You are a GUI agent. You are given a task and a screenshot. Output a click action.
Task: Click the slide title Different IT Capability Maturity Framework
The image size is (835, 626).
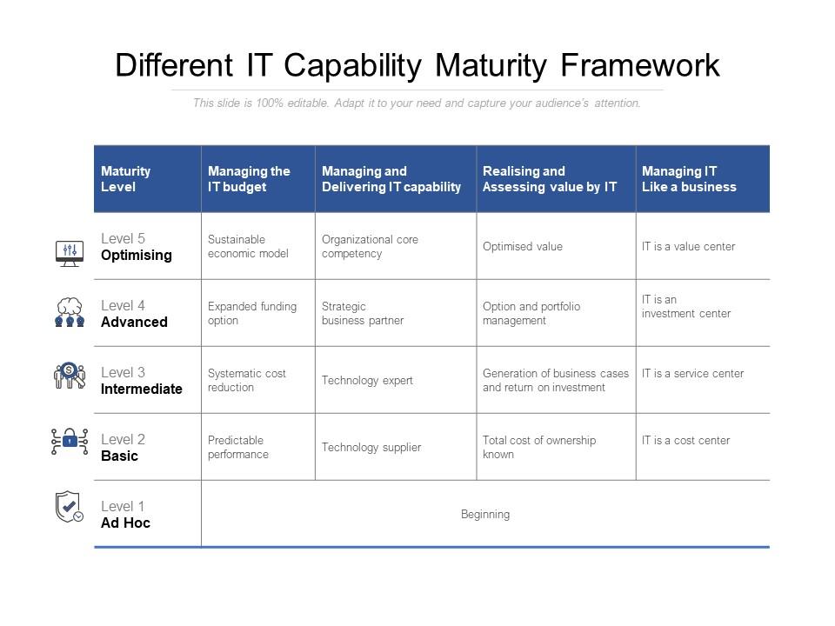[417, 66]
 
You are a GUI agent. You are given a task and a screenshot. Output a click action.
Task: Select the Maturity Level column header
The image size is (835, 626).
[126, 179]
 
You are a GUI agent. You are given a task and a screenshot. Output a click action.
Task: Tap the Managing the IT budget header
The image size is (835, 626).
[249, 179]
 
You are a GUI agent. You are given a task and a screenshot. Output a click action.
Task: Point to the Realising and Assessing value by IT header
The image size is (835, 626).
[550, 179]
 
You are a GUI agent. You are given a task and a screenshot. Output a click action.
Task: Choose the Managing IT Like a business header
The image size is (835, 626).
[689, 179]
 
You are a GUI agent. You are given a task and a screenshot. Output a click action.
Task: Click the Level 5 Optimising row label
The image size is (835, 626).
[136, 247]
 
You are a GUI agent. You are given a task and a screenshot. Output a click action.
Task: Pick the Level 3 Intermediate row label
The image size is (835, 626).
[141, 381]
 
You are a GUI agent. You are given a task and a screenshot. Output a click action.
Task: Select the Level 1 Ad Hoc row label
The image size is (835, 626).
[125, 515]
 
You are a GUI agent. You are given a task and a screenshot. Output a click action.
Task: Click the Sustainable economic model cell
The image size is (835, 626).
[248, 247]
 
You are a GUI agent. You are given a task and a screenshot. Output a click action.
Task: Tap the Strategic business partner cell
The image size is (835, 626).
[363, 314]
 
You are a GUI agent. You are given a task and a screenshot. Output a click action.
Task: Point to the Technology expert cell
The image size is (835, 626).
[367, 381]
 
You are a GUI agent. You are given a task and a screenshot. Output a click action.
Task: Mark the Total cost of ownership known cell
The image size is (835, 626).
[539, 448]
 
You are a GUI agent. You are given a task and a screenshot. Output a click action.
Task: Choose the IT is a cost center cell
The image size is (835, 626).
[686, 441]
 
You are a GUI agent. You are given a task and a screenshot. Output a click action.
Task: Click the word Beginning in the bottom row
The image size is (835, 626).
[485, 515]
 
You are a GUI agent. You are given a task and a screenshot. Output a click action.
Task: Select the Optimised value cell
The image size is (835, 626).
[523, 247]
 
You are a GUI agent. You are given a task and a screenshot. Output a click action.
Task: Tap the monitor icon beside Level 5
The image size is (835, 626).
[70, 253]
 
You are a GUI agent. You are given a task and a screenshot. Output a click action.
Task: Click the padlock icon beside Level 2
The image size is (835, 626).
[70, 442]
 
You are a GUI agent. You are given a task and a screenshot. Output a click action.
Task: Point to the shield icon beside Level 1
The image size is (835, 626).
[69, 507]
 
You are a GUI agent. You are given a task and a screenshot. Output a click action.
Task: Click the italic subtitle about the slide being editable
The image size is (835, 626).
[417, 103]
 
